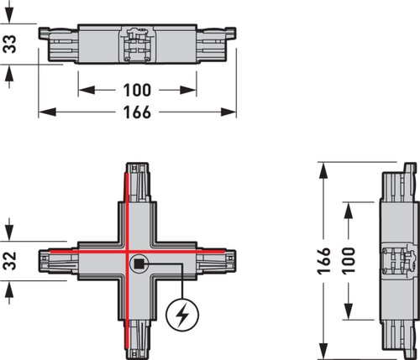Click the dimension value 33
coord(9,44)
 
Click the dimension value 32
coord(9,261)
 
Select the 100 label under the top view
coord(137,90)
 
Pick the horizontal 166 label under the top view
coord(137,112)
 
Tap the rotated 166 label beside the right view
coord(323,261)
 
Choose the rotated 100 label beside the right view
coord(348,261)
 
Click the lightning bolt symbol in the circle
coord(182,315)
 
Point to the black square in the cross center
coord(139,263)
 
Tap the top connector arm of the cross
coord(137,182)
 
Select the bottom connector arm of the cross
coord(137,340)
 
